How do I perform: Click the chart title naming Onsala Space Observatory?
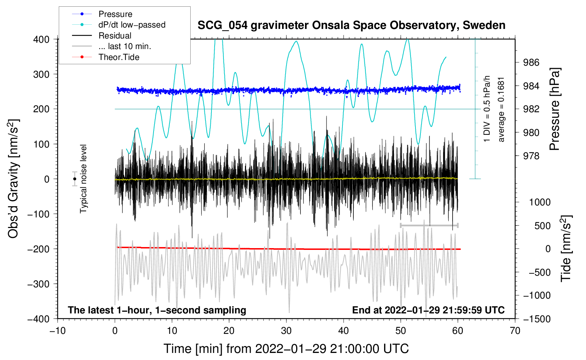coord(351,25)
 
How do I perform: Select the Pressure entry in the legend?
coord(115,14)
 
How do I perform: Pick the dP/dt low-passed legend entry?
coord(132,25)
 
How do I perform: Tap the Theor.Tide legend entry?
coord(119,57)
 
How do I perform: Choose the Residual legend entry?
coord(115,36)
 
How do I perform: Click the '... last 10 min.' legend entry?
coord(125,46)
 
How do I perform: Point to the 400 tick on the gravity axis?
coord(42,40)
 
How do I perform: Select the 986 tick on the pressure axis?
coord(531,63)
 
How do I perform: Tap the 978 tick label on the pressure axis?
coord(531,156)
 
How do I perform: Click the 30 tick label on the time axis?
coord(286,331)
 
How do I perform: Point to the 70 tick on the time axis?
coord(515,331)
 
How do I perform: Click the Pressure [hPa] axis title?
coord(555,109)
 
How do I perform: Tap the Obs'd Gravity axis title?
coord(13,179)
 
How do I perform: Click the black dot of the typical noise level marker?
coord(75,179)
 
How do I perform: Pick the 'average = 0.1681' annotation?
coord(501,110)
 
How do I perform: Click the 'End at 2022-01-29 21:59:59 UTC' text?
coord(428,310)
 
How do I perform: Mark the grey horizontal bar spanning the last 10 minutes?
coord(429,225)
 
